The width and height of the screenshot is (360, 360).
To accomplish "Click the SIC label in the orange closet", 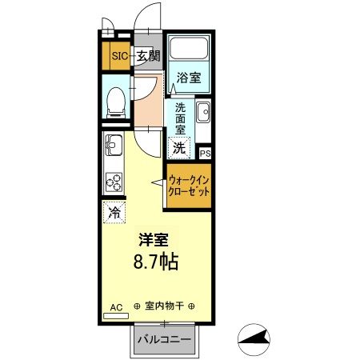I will tap(118, 56).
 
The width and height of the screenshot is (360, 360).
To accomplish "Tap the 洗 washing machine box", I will tap(179, 147).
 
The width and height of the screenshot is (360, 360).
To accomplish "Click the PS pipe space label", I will tap(205, 154).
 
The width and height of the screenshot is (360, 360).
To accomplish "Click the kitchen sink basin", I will tap(113, 146).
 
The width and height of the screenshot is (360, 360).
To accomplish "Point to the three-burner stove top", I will tap(114, 182).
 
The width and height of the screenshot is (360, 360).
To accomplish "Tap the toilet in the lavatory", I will tap(115, 98).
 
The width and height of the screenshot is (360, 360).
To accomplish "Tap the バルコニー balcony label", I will tap(164, 339).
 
